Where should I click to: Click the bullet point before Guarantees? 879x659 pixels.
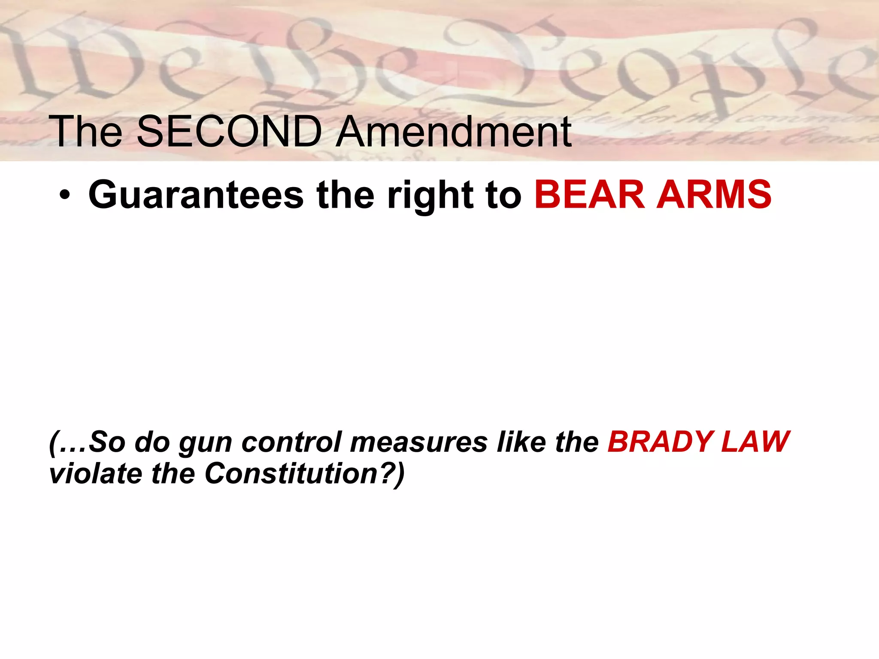[x=64, y=196]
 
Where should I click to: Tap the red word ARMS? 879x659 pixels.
[x=714, y=195]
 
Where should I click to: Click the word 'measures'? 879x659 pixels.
[x=418, y=442]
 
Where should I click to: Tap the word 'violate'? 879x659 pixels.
[x=95, y=474]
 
